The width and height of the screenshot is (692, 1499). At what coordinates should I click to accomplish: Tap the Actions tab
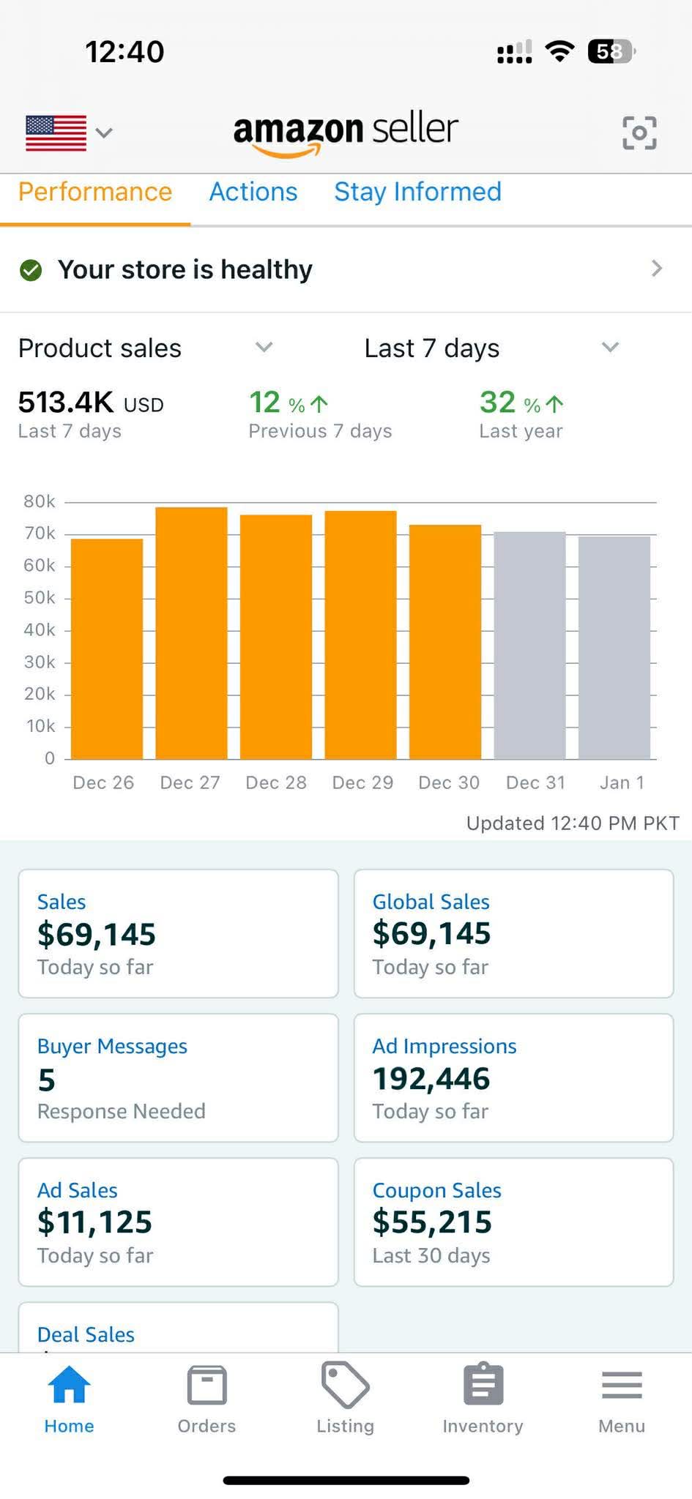253,192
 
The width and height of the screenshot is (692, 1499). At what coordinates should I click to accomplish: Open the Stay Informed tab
417,192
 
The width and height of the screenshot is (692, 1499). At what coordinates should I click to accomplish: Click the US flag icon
56,132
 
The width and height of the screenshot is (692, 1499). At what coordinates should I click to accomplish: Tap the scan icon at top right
639,132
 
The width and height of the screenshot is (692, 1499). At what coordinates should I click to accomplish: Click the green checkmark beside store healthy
31,270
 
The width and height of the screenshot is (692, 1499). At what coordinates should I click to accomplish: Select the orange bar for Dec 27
191,632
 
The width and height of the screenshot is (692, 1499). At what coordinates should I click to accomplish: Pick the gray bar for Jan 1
614,647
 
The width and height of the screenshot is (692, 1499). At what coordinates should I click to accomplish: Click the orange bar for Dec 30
444,641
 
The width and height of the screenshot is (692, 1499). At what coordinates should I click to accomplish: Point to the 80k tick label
39,501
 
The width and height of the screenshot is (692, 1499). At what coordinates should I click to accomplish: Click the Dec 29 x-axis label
362,782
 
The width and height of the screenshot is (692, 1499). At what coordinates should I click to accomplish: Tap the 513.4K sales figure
66,402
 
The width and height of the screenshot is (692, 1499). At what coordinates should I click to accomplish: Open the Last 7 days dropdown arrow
610,347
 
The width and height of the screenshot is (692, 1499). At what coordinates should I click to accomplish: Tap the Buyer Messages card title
112,1046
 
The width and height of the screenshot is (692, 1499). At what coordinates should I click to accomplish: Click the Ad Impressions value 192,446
431,1078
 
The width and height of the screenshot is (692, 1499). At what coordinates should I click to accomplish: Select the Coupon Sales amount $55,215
431,1222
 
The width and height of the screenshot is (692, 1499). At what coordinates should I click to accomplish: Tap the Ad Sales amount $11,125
94,1222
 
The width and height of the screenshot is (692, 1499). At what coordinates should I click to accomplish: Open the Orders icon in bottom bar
207,1385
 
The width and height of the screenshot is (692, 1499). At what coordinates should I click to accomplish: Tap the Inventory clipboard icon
483,1385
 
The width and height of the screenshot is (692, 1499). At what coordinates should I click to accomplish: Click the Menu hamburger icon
621,1385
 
